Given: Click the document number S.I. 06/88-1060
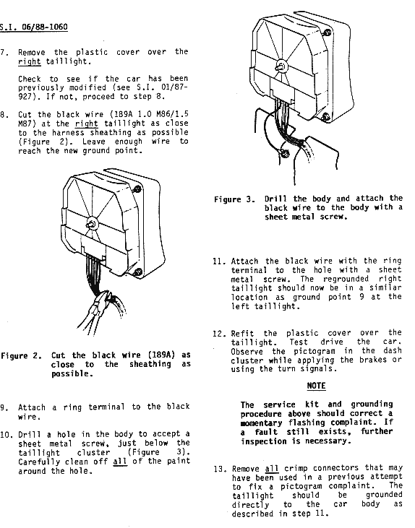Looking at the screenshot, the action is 33,27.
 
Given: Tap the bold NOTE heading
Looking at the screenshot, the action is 316,386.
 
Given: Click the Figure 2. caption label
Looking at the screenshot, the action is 21,356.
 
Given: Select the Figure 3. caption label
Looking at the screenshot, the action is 235,199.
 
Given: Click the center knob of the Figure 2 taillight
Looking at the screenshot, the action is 91,224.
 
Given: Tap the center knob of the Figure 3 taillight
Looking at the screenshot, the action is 281,66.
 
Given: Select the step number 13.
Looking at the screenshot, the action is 219,469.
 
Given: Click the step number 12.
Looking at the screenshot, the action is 218,334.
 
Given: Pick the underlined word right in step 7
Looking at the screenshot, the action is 30,62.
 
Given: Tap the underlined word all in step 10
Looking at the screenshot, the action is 120,462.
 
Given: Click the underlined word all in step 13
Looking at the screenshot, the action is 272,468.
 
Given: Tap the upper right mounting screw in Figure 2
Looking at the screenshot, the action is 137,189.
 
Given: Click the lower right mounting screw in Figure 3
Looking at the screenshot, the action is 325,118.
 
